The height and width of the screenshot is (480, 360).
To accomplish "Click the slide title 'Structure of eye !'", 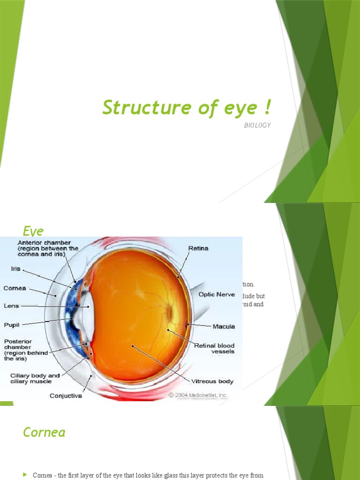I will pyautogui.click(x=187, y=108).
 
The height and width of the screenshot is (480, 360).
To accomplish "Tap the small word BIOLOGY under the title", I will pyautogui.click(x=257, y=126).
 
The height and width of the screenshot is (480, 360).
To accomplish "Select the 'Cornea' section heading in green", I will pyautogui.click(x=44, y=432).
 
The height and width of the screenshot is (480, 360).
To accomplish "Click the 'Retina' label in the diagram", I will pyautogui.click(x=198, y=248).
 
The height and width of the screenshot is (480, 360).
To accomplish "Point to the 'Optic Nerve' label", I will pyautogui.click(x=216, y=294).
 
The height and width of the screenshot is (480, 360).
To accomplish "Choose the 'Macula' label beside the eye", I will pyautogui.click(x=224, y=326).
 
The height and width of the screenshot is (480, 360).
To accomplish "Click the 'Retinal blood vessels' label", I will pyautogui.click(x=214, y=349).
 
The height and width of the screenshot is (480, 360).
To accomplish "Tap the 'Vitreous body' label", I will pyautogui.click(x=212, y=382).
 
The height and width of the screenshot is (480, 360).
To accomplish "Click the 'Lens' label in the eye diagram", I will pyautogui.click(x=11, y=306).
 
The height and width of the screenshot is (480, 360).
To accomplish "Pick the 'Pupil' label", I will pyautogui.click(x=12, y=323).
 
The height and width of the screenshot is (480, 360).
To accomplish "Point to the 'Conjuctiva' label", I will pyautogui.click(x=66, y=396).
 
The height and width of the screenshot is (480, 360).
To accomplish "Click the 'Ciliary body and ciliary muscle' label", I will pyautogui.click(x=35, y=379).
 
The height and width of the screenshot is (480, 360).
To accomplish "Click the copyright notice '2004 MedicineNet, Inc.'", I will pyautogui.click(x=198, y=395).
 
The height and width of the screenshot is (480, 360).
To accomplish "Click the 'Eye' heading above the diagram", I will pyautogui.click(x=33, y=231).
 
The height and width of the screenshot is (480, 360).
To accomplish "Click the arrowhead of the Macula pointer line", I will pyautogui.click(x=187, y=323).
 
